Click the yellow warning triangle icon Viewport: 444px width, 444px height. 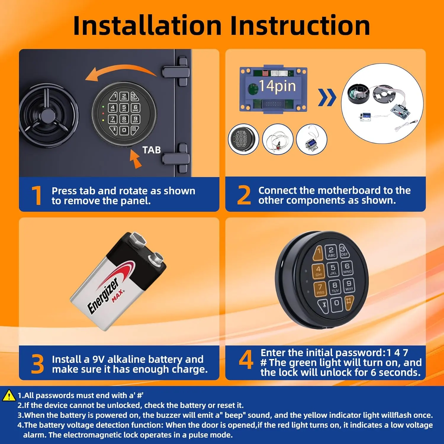coord(9,395)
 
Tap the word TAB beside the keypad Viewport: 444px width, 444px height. coord(152,150)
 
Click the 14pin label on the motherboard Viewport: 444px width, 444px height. coord(277,86)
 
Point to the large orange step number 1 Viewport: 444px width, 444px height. coord(37,195)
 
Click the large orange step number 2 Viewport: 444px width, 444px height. coord(244,195)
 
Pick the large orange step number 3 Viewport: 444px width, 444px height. coord(37,364)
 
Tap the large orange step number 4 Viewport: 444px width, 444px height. coord(246,359)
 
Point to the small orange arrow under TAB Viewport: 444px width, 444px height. coord(135,159)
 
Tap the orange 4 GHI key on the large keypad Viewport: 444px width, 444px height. coord(318,271)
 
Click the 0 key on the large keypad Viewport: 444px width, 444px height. coord(337,304)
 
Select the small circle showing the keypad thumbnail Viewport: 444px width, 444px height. coord(244,139)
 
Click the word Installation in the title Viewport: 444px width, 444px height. coord(147,25)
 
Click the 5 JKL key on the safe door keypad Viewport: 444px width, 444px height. coord(124,108)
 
